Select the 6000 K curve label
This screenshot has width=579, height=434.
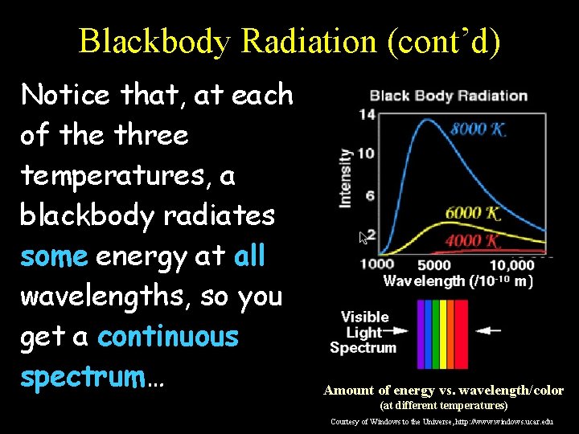coord(474,213)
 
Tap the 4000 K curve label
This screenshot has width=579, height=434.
coord(474,240)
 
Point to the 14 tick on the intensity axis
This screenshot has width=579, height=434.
coord(367,114)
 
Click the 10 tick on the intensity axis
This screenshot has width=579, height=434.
coord(367,154)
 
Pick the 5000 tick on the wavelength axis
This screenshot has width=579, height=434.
coord(434,264)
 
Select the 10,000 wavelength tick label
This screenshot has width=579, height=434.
coord(511,264)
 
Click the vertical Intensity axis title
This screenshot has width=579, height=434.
coord(346,178)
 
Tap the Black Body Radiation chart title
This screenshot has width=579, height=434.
coord(448,96)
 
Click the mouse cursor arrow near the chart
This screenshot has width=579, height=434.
coord(363,237)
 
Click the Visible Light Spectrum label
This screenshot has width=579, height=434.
coord(363,332)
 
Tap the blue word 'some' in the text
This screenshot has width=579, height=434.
coord(54,256)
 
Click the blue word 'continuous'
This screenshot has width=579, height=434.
coord(167,337)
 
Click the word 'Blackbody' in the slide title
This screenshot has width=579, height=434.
coord(154,41)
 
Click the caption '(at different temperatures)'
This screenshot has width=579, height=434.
coord(443,406)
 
